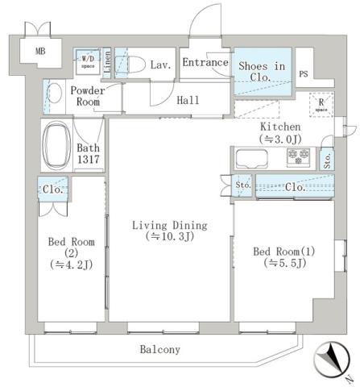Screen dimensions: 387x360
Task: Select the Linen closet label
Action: pos(106,64)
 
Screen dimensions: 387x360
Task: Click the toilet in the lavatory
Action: pos(131,64)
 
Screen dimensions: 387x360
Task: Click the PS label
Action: pos(304,75)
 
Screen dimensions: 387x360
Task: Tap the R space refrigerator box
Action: pos(321,106)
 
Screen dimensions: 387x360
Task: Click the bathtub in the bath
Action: pos(56,144)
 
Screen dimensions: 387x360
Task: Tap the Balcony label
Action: pos(159,350)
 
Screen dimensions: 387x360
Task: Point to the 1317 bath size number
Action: pos(87,161)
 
